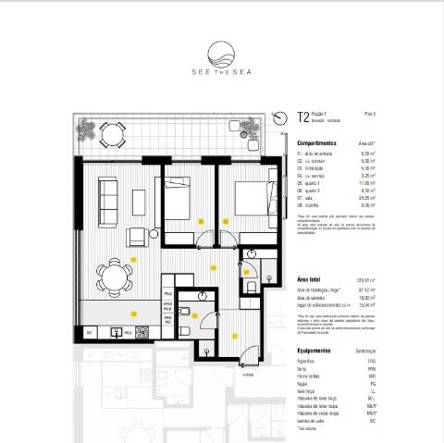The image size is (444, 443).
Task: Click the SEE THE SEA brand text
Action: [221, 75]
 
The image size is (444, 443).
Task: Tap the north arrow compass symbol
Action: [280, 117]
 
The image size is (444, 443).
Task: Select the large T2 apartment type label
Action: [302, 117]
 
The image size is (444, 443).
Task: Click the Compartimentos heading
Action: [316, 144]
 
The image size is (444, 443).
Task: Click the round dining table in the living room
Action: [116, 274]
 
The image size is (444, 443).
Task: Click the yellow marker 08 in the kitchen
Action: [134, 314]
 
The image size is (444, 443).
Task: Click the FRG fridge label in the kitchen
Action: [168, 294]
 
